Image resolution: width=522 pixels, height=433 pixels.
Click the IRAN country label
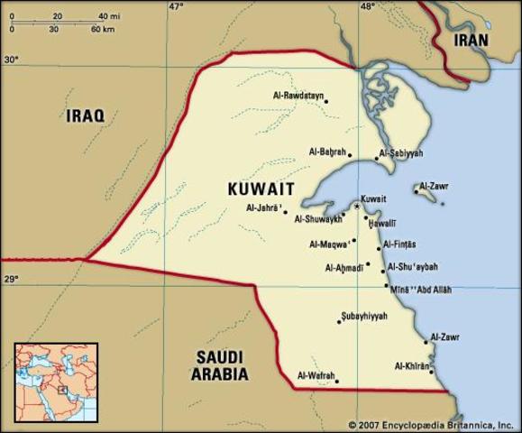click(470, 40)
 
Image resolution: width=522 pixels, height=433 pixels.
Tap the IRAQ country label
click(85, 115)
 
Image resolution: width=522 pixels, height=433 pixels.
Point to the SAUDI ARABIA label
click(221, 364)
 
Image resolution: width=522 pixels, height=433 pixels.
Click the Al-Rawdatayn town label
click(298, 95)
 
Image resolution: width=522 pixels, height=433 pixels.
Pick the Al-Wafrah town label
click(316, 375)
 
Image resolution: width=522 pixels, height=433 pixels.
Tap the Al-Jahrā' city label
click(263, 208)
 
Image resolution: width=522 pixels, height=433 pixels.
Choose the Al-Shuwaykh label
click(317, 218)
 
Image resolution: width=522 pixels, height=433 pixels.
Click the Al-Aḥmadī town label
click(343, 267)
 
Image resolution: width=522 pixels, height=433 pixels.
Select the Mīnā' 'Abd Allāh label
click(421, 290)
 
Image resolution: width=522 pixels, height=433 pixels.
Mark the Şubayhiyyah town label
click(364, 316)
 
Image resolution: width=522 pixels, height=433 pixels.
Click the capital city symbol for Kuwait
click(357, 207)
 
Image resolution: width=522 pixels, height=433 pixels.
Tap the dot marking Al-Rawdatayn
click(326, 101)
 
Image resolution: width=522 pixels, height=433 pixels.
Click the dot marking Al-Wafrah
click(337, 381)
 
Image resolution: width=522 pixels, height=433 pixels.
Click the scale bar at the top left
click(63, 23)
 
